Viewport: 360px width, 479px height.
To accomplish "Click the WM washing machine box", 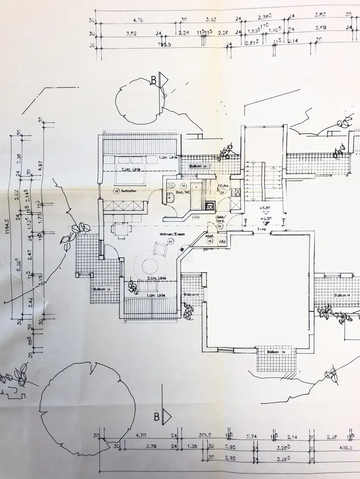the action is pyautogui.click(x=222, y=242).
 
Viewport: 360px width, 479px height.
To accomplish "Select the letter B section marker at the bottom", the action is pyautogui.click(x=156, y=416).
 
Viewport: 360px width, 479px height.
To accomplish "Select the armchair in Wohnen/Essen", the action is pyautogui.click(x=158, y=249).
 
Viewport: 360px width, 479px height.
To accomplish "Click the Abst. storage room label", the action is pyautogui.click(x=209, y=236).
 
